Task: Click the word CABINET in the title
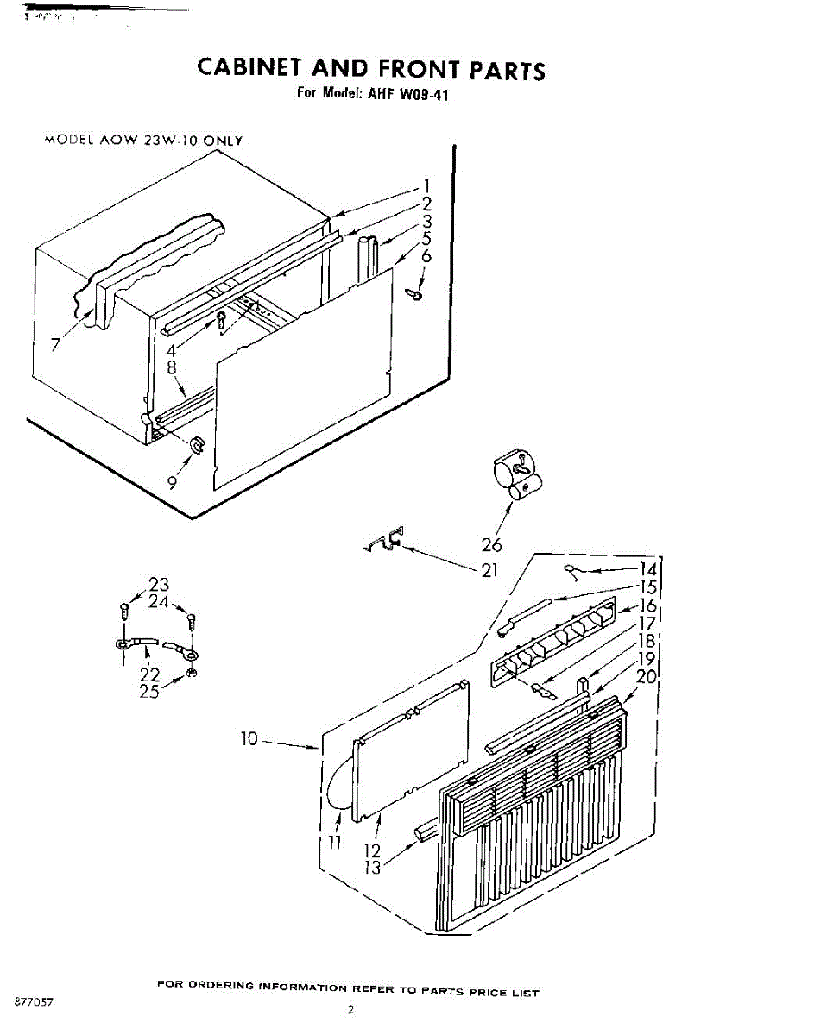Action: pyautogui.click(x=249, y=68)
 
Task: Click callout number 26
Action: pyautogui.click(x=492, y=543)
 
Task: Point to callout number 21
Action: pyautogui.click(x=489, y=570)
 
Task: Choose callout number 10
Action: pyautogui.click(x=249, y=739)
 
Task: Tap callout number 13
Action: pyautogui.click(x=372, y=868)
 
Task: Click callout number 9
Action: pyautogui.click(x=174, y=484)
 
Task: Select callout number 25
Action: pyautogui.click(x=150, y=691)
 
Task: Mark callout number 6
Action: pyautogui.click(x=426, y=256)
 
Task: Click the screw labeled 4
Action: pyautogui.click(x=222, y=321)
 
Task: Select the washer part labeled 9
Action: pyautogui.click(x=197, y=445)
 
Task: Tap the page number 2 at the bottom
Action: pyautogui.click(x=351, y=1009)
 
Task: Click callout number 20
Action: pyautogui.click(x=647, y=677)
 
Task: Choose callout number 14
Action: pyautogui.click(x=647, y=569)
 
